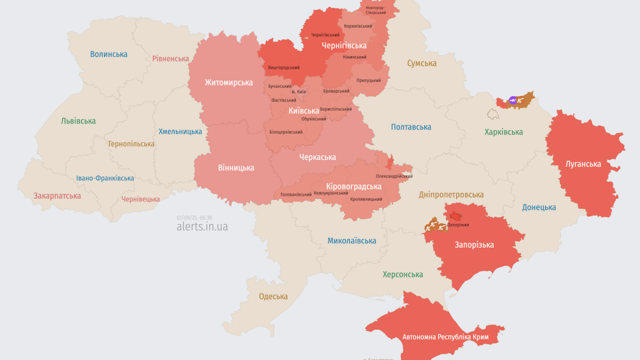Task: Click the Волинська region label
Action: tap(108, 54)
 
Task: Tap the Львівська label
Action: tap(78, 121)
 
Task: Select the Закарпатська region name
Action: tap(57, 196)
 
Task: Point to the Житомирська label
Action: tap(228, 82)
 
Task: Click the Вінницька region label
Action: tap(235, 168)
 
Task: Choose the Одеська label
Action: tap(273, 296)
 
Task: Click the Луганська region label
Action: tap(583, 164)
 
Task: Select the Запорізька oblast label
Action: tap(474, 245)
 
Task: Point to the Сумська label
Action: tap(421, 63)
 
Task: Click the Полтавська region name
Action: tap(411, 127)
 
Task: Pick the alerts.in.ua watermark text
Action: tap(202, 226)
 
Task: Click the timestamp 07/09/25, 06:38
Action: tap(194, 217)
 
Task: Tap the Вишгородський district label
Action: tap(283, 67)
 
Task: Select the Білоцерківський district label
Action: tap(285, 132)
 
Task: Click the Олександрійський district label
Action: tap(394, 176)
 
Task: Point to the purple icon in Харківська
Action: tap(512, 100)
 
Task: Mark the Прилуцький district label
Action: tap(368, 80)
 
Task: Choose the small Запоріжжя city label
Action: tap(458, 225)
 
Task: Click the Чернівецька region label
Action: tap(140, 199)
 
